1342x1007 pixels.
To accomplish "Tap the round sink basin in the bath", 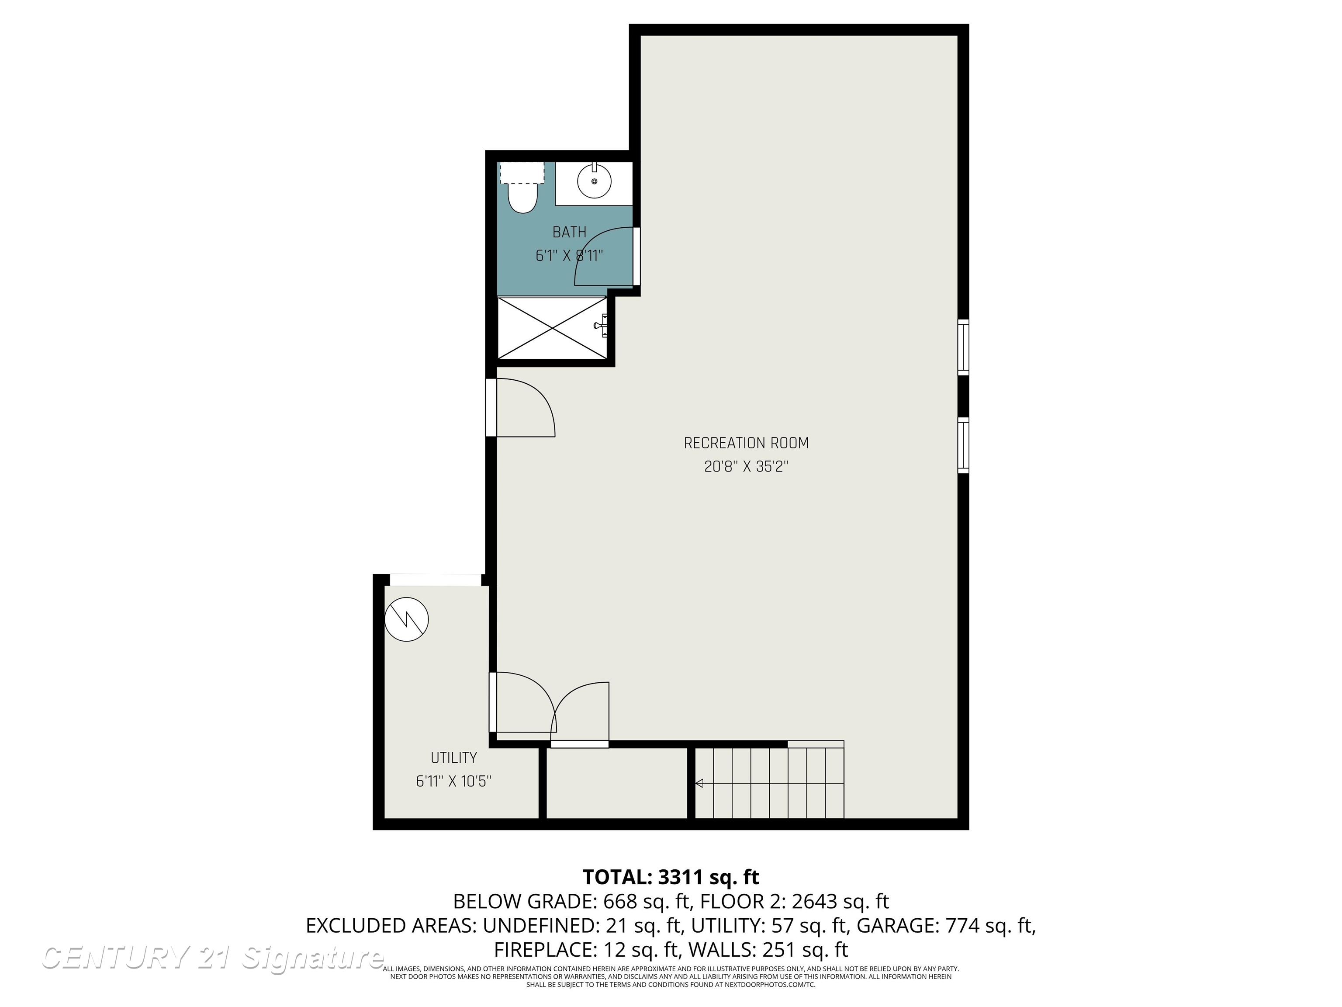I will [594, 181].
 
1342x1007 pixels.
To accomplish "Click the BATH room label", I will [569, 232].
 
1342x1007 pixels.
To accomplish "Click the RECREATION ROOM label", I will [746, 443].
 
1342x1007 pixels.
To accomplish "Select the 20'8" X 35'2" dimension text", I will [746, 467].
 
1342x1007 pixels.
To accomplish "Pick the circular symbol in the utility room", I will [406, 619].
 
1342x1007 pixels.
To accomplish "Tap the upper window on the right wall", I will [963, 347].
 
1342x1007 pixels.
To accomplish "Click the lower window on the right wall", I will [963, 445].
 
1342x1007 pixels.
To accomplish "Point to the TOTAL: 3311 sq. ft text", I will [671, 877].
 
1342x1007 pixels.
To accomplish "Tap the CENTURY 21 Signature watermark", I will [212, 958].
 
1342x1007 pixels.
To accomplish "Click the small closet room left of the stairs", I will [616, 783].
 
